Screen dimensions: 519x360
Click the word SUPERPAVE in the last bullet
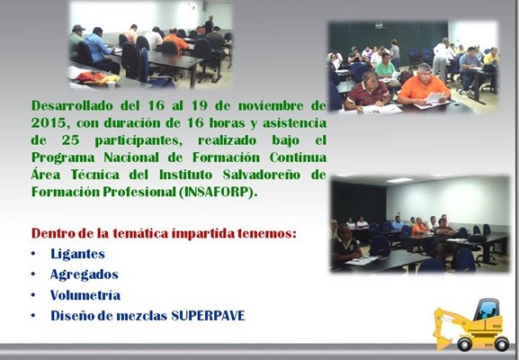click(x=208, y=316)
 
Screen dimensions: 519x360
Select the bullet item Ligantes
click(x=77, y=254)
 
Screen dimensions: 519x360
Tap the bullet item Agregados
click(x=84, y=274)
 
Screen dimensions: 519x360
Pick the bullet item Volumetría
click(x=85, y=295)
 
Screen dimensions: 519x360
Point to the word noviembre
click(x=271, y=106)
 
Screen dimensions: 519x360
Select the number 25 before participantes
click(x=70, y=140)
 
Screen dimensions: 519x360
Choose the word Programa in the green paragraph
click(x=63, y=157)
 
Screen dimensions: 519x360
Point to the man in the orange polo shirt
click(x=423, y=85)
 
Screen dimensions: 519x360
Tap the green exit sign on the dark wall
click(x=380, y=25)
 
